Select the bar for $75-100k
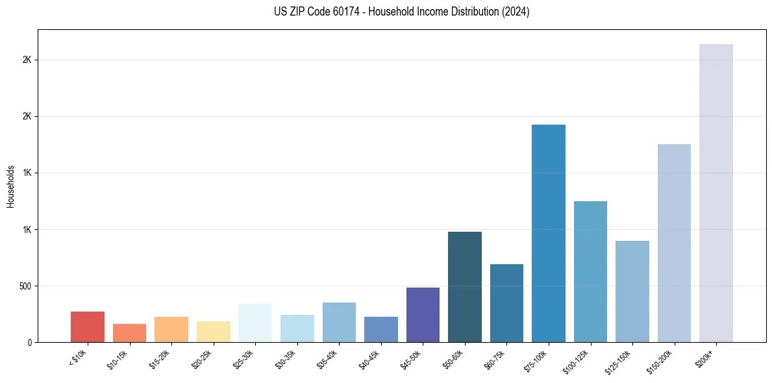[x=548, y=234]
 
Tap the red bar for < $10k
[x=88, y=327]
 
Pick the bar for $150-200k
[x=674, y=243]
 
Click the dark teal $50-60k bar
[x=464, y=287]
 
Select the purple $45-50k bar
[x=423, y=315]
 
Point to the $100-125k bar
[x=590, y=272]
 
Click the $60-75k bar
[x=506, y=303]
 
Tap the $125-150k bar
[x=632, y=291]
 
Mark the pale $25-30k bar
[x=255, y=323]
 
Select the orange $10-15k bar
[x=129, y=333]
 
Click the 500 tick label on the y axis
[x=26, y=286]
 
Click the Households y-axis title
[x=10, y=186]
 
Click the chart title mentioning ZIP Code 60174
[x=402, y=12]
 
